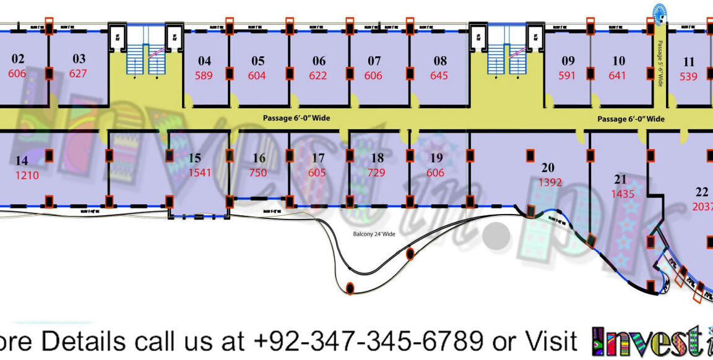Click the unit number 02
(18, 59)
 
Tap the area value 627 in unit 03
(78, 74)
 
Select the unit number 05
(257, 61)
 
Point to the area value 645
(439, 76)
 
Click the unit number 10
(618, 61)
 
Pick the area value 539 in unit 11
(688, 77)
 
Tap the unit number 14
(22, 161)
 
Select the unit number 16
(259, 158)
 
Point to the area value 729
(376, 173)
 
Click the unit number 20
(548, 168)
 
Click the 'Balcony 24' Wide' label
(374, 234)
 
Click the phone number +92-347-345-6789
(368, 340)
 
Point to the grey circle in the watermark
(498, 238)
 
